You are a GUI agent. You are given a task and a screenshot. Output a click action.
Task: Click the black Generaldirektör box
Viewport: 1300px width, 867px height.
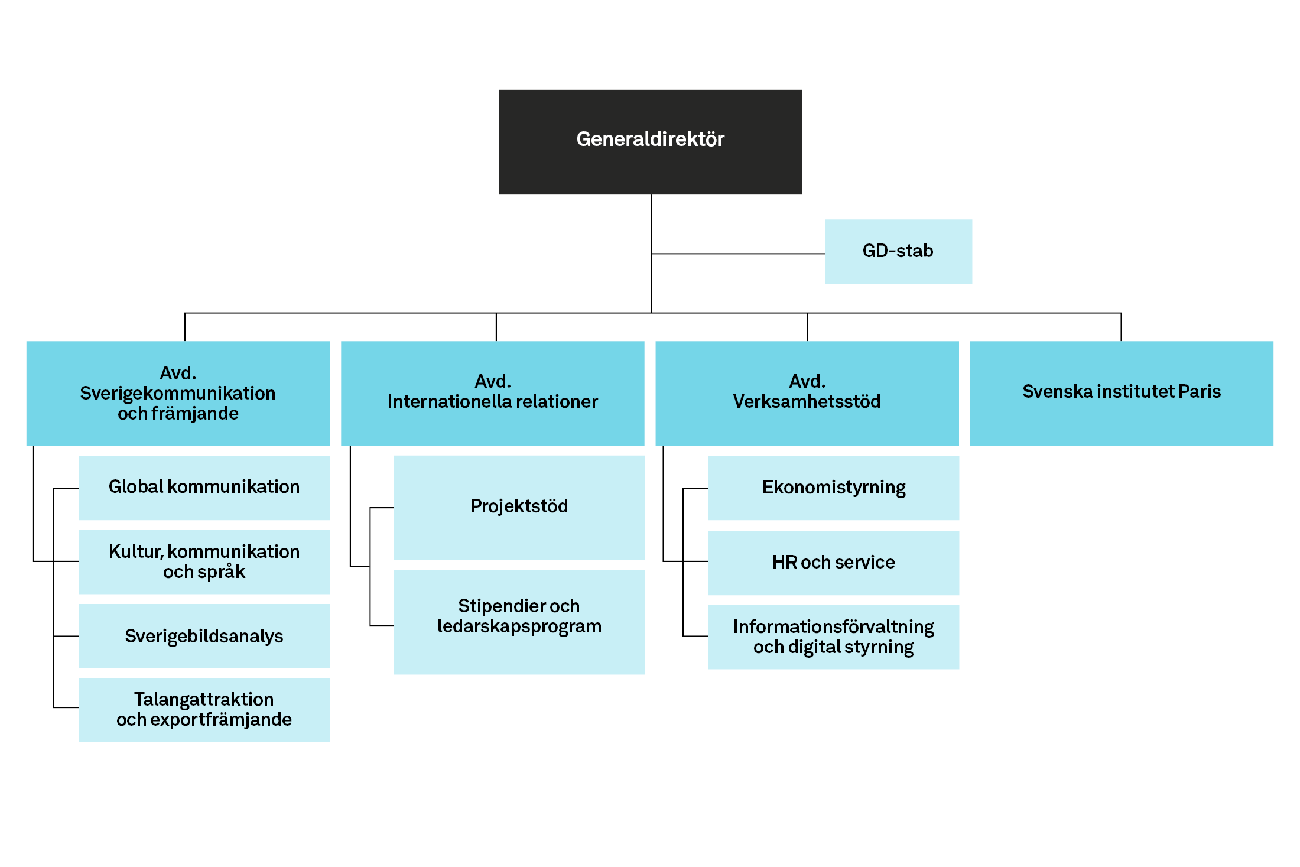coord(651,142)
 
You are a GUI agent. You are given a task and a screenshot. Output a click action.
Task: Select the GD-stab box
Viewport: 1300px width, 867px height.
coord(898,251)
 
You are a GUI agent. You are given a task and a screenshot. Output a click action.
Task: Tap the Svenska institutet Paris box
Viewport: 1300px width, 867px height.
coord(1122,393)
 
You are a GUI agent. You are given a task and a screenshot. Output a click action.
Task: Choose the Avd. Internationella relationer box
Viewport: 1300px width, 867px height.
coord(493,393)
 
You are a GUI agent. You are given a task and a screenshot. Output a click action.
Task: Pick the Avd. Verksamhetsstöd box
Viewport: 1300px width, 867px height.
coord(807,393)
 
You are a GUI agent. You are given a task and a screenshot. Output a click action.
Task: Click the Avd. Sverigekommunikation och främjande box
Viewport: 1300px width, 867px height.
coord(178,393)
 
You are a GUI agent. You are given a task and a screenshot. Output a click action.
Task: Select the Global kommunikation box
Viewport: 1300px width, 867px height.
coord(204,488)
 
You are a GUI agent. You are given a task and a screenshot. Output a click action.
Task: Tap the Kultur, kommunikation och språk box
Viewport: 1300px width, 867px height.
coord(204,561)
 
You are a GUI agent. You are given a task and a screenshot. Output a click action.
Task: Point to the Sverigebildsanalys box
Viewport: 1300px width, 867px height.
coord(204,636)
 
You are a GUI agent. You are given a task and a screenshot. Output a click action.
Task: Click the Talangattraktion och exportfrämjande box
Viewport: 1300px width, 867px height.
coord(204,710)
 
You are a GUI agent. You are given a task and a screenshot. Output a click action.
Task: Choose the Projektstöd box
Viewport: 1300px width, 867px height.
coord(519,508)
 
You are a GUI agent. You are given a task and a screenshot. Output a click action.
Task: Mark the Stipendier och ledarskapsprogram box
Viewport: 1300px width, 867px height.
coord(519,622)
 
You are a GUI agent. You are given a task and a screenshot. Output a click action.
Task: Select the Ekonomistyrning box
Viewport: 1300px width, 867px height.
coord(834,488)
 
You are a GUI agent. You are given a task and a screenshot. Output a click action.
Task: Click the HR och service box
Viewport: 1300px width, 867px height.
coord(834,563)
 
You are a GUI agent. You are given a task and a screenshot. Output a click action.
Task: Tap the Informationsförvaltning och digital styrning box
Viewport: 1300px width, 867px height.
coord(834,637)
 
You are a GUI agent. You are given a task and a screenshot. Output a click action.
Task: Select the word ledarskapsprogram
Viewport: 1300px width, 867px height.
coord(519,626)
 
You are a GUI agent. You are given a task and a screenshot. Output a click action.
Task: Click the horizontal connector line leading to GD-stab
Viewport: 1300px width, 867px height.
coord(738,254)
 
